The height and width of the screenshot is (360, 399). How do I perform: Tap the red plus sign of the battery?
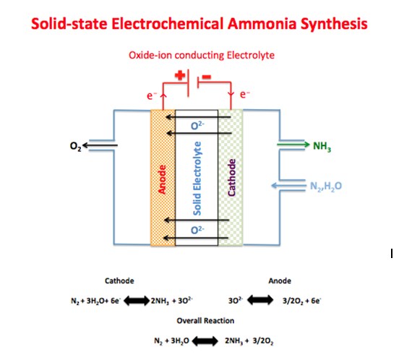click(x=178, y=76)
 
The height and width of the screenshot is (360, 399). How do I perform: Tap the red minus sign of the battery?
click(x=207, y=76)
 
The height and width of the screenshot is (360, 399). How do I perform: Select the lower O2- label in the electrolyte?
click(x=197, y=231)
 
